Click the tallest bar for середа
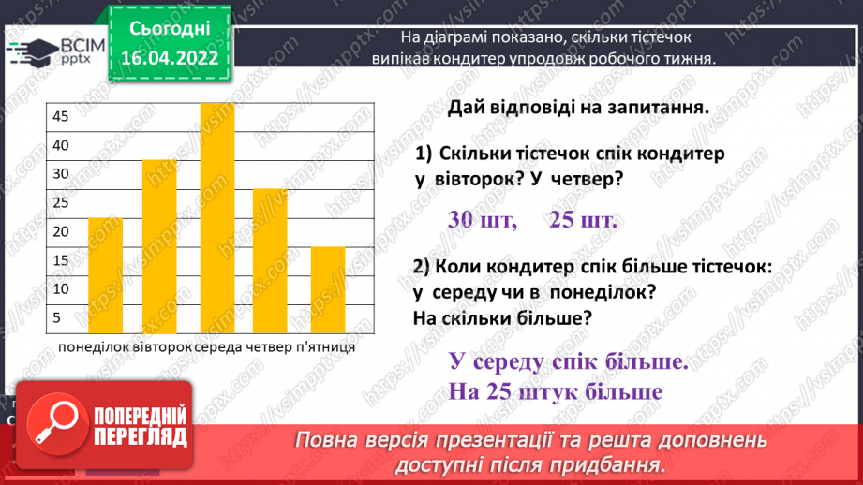[216, 217]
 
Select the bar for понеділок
[105, 274]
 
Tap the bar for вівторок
[159, 245]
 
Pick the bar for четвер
[270, 260]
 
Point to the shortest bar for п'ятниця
[327, 288]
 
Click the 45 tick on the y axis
[60, 116]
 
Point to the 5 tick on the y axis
[56, 317]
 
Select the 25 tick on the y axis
[60, 202]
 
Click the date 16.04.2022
[169, 58]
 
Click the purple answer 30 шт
[482, 220]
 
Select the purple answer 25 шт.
[583, 220]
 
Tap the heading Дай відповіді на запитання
[576, 107]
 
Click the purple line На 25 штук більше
[556, 391]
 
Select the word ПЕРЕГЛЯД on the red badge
[141, 437]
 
